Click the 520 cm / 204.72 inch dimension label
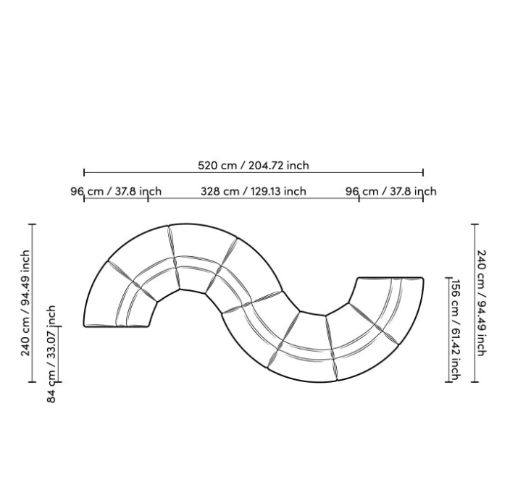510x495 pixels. pyautogui.click(x=254, y=166)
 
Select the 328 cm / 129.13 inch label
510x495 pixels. pyautogui.click(x=254, y=191)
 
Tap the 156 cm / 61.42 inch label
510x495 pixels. pyautogui.click(x=456, y=329)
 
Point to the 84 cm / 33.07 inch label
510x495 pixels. pyautogui.click(x=51, y=354)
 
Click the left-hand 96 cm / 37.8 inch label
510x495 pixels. pyautogui.click(x=116, y=191)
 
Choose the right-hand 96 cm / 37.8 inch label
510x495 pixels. pyautogui.click(x=391, y=191)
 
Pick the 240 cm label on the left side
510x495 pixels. pyautogui.click(x=25, y=303)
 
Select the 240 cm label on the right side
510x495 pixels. pyautogui.click(x=481, y=303)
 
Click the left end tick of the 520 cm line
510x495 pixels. pyautogui.click(x=84, y=172)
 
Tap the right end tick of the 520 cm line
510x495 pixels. pyautogui.click(x=423, y=172)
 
